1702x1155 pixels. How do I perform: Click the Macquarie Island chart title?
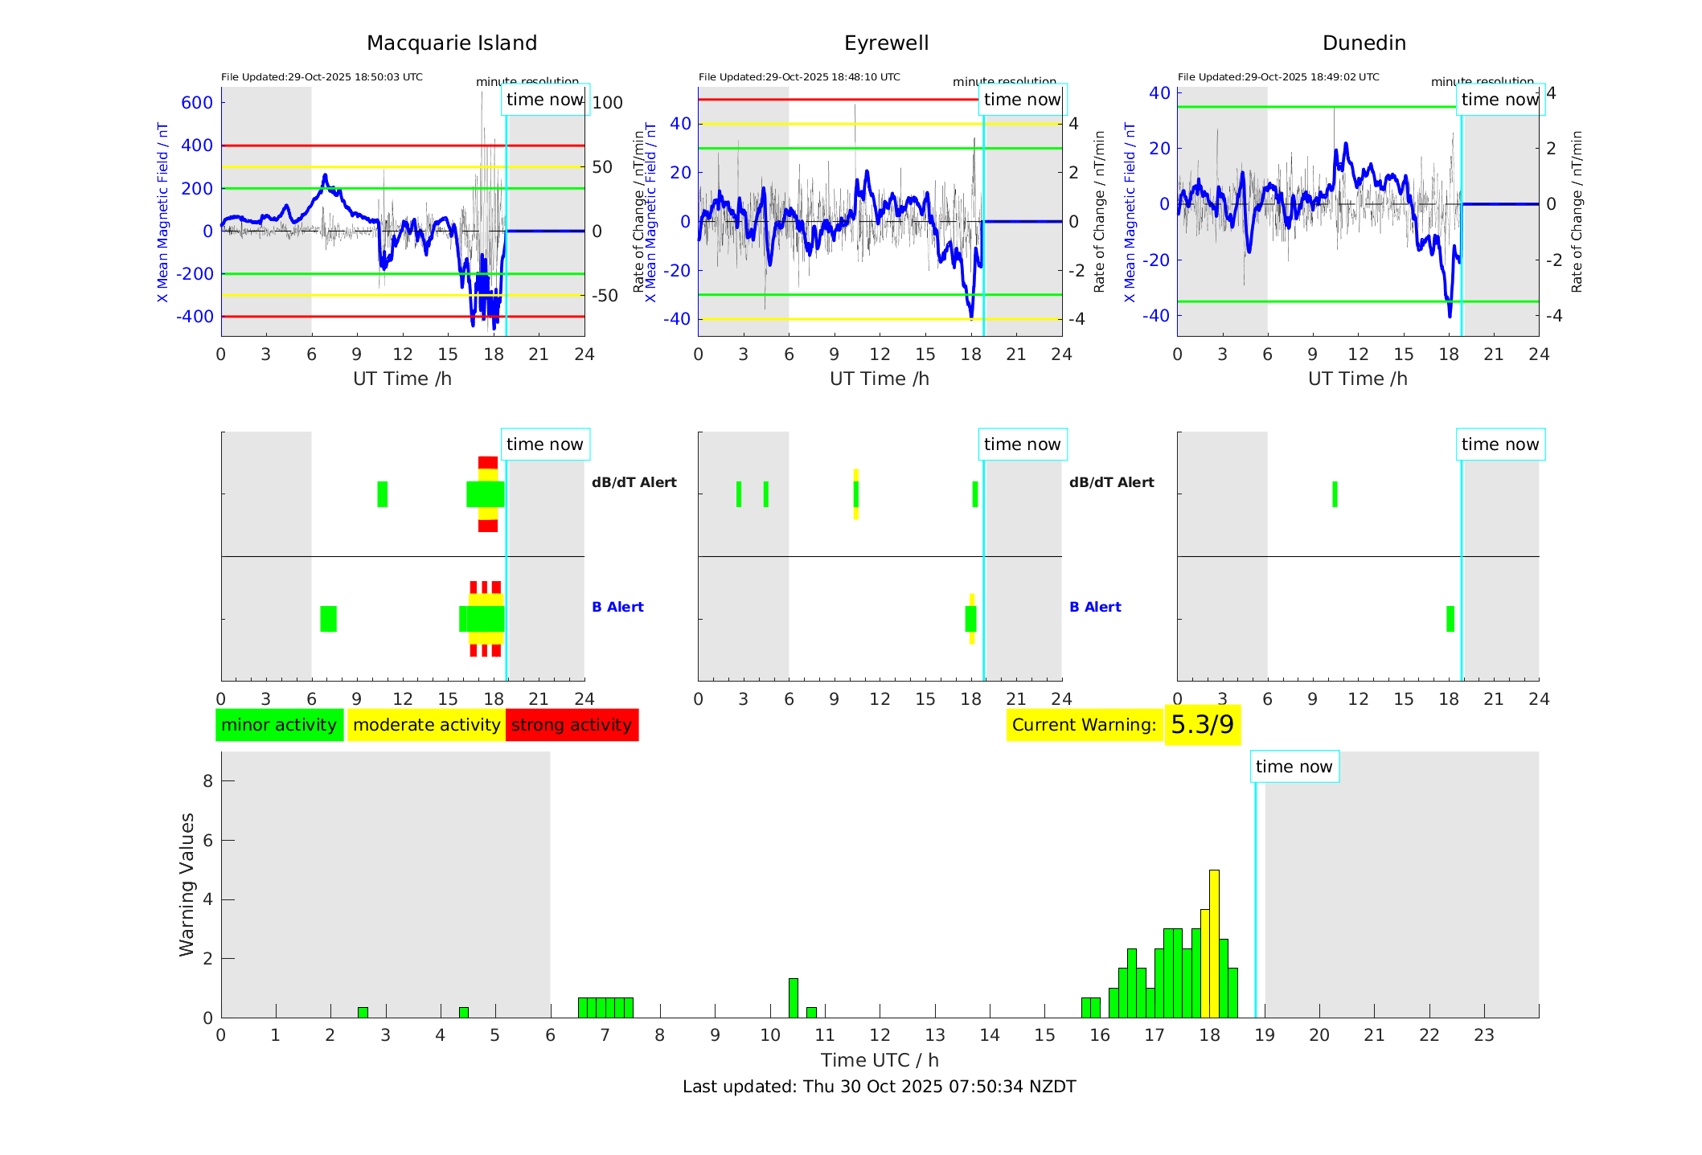pos(452,43)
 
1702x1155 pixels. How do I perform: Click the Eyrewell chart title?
pos(886,43)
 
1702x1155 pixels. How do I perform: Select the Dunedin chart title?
pos(1364,43)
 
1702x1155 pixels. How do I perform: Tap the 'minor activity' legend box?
pos(279,725)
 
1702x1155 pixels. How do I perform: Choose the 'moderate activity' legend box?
pos(426,725)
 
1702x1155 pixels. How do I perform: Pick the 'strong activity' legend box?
pos(572,725)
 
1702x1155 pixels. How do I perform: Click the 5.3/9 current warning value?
pos(1202,725)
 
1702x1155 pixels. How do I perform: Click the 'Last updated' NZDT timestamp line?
pos(879,1087)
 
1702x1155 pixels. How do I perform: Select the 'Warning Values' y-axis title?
pos(187,884)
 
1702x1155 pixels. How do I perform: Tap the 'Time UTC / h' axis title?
pos(879,1060)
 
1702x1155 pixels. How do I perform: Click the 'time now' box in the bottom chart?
pos(1294,767)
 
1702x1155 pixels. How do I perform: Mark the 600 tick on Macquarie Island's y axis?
pos(197,103)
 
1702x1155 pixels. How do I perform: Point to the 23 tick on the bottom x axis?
pos(1483,1035)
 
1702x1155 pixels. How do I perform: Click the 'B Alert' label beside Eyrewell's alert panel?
pos(1095,607)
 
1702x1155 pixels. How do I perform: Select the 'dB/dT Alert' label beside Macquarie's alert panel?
pos(634,482)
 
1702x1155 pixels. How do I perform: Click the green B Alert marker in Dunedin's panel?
pos(1450,619)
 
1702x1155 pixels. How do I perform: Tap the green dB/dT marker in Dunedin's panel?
pos(1335,494)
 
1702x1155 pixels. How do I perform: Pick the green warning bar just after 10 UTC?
pos(793,997)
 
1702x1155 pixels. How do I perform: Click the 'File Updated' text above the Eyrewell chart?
pos(799,77)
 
